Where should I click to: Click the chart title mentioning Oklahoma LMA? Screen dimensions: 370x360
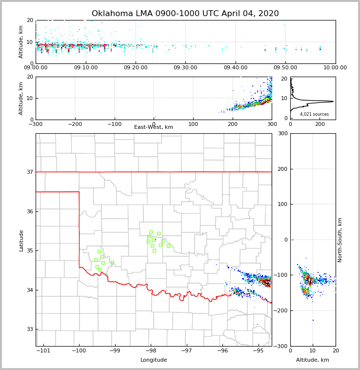click(x=185, y=14)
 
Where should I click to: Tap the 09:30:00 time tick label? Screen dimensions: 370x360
click(x=185, y=68)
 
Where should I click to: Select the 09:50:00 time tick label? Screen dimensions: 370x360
click(x=285, y=68)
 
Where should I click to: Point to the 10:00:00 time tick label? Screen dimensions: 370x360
click(x=335, y=68)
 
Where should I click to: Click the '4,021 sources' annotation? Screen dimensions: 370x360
click(x=314, y=114)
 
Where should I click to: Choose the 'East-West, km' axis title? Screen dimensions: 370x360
click(x=154, y=127)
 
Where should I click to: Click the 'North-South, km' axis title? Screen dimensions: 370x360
click(x=340, y=240)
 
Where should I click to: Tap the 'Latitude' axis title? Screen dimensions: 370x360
click(x=21, y=240)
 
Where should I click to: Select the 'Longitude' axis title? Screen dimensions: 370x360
click(x=154, y=360)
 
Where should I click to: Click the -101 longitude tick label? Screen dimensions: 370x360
click(x=43, y=351)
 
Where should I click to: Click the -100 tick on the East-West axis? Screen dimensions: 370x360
click(x=114, y=124)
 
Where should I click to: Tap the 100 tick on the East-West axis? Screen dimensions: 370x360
click(x=193, y=124)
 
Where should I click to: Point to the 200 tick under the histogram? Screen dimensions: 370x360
click(x=320, y=124)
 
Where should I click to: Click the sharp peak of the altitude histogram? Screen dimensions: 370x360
click(x=333, y=102)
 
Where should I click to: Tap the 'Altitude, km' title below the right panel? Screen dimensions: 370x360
click(x=313, y=360)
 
